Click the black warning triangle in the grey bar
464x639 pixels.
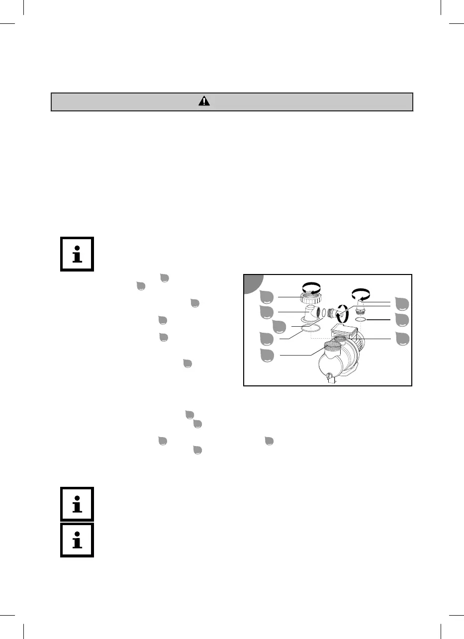[204, 101]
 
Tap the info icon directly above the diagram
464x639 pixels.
[77, 254]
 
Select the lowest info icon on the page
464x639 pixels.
[77, 539]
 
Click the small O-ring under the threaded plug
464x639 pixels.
[362, 319]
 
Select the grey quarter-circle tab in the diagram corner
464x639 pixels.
[253, 283]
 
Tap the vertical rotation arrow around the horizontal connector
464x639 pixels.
[340, 317]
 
